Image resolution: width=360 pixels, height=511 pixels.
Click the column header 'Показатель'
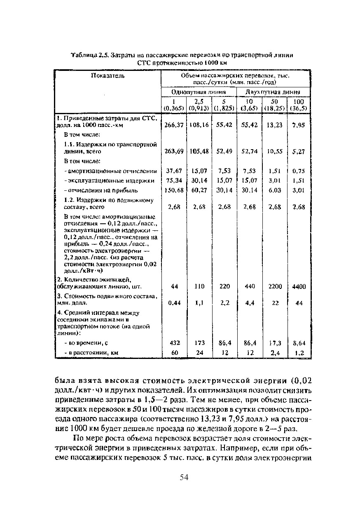pos(108,76)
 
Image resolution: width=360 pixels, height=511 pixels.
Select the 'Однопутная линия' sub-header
pos(198,92)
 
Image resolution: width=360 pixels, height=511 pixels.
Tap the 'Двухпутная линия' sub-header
pos(272,92)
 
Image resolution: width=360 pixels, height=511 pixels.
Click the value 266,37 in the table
pos(173,125)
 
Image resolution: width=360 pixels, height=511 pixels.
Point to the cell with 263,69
pos(173,152)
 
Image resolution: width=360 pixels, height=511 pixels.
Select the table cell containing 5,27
pos(298,152)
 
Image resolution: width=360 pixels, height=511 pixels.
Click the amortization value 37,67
pos(173,171)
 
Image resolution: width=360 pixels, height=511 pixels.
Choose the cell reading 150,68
pos(173,190)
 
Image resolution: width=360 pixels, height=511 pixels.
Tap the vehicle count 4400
pos(299,286)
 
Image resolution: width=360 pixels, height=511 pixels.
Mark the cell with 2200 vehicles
pos(275,286)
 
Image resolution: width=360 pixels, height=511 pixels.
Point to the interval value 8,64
pos(299,342)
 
